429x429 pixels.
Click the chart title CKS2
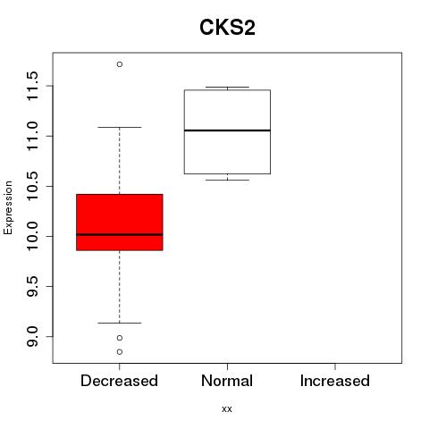tap(227, 28)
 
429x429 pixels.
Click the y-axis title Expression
tap(8, 208)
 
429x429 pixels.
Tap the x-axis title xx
tap(227, 409)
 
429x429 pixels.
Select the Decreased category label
tap(119, 381)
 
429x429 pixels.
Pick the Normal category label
tap(227, 381)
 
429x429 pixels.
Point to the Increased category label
tap(335, 381)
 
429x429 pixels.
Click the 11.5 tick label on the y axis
tap(32, 86)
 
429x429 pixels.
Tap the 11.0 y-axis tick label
tap(32, 136)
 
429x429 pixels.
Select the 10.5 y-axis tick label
tap(32, 186)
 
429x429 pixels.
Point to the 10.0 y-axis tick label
tap(32, 237)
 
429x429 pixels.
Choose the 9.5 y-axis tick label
tap(32, 287)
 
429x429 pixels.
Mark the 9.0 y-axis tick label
tap(32, 337)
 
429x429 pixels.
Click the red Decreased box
tap(120, 223)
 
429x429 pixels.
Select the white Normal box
tap(227, 131)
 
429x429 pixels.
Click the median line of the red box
tap(120, 235)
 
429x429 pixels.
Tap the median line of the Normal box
tap(227, 130)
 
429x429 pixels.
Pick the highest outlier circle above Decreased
tap(120, 64)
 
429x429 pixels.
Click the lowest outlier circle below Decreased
tap(120, 352)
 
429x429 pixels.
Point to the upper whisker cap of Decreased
tap(120, 127)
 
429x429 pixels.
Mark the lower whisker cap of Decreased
tap(120, 323)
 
